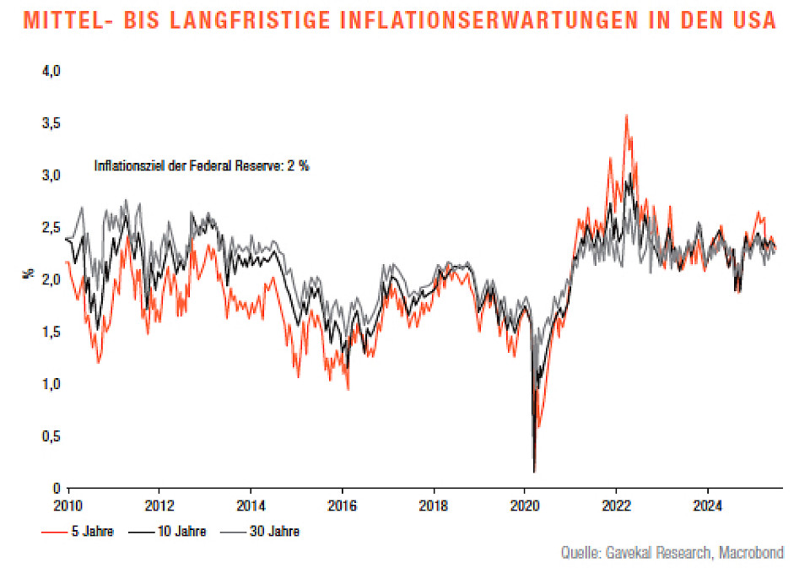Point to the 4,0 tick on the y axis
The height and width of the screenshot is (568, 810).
(x=52, y=72)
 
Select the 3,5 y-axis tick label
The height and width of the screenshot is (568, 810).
(x=52, y=124)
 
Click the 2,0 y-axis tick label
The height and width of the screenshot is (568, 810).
(x=52, y=280)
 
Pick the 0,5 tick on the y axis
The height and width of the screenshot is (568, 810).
(x=52, y=436)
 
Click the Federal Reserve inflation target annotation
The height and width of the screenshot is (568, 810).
(x=202, y=166)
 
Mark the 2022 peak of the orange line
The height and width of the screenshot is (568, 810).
(x=625, y=115)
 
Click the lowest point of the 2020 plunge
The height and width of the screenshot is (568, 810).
(x=534, y=472)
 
